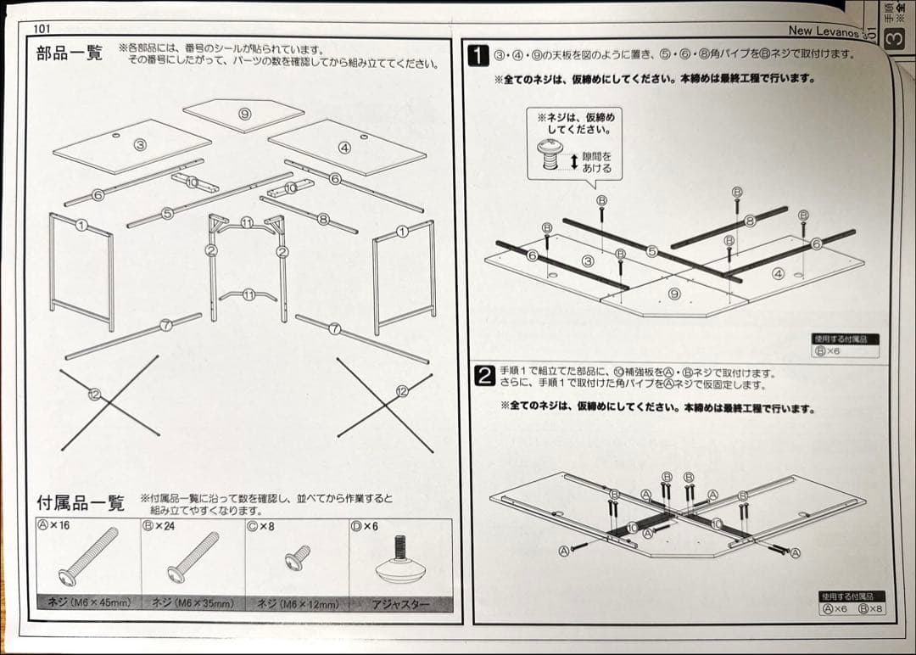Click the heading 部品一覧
click(x=69, y=53)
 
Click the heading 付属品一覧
click(x=81, y=502)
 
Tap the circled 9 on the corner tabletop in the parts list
click(x=244, y=114)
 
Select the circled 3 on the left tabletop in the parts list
click(x=141, y=145)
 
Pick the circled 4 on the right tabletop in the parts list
click(x=344, y=147)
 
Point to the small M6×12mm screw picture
click(x=297, y=557)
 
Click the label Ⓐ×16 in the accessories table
click(x=53, y=526)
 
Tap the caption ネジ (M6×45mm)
click(x=88, y=604)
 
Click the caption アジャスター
click(x=400, y=604)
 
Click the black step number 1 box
click(x=478, y=56)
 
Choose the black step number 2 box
click(x=483, y=376)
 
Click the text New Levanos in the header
click(x=823, y=31)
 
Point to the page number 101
click(x=42, y=28)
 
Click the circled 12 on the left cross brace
click(x=94, y=394)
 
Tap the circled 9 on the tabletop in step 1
click(x=673, y=294)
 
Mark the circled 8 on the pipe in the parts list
click(x=322, y=218)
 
